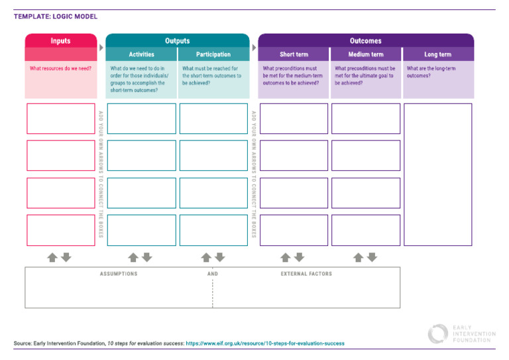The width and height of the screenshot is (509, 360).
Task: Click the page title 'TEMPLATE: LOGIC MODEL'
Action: click(x=56, y=17)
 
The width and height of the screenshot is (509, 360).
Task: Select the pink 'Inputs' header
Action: click(x=60, y=40)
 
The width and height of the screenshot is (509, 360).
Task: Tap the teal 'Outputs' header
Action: click(x=177, y=40)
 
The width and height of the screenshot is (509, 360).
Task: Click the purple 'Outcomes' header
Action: click(x=365, y=40)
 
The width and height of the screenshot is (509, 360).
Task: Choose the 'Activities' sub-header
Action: click(x=141, y=54)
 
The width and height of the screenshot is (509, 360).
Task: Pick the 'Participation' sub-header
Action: click(x=213, y=54)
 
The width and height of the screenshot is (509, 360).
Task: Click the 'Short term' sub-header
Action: click(x=293, y=54)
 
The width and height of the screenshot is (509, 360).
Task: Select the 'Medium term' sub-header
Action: click(x=365, y=54)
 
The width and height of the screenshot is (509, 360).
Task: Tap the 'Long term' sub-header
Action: click(x=437, y=54)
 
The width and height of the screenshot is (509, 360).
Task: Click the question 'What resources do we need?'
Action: click(x=60, y=68)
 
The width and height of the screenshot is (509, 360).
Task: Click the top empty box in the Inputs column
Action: click(x=60, y=119)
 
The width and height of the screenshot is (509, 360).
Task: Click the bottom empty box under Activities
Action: click(x=141, y=230)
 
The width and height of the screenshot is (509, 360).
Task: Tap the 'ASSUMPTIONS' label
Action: click(x=119, y=274)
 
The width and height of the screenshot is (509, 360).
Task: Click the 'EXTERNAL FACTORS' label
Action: click(x=306, y=274)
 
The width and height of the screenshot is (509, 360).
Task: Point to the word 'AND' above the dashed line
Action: click(x=212, y=274)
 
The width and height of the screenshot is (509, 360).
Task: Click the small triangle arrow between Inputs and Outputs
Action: click(x=101, y=48)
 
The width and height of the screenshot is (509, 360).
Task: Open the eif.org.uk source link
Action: click(x=265, y=343)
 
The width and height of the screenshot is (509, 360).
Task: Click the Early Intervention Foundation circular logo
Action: click(x=437, y=333)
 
